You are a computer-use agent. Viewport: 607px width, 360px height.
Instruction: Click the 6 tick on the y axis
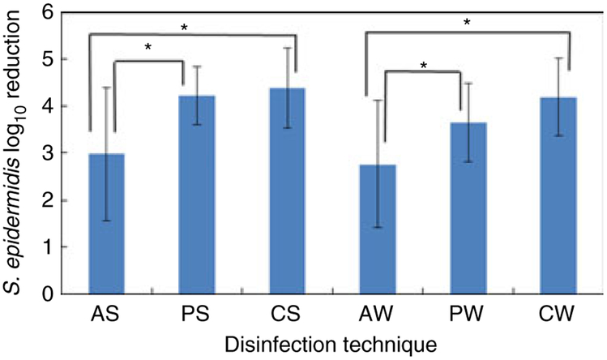(x=71, y=13)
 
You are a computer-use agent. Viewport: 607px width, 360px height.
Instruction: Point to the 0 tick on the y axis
(x=71, y=294)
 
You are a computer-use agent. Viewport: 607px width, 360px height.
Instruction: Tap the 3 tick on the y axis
(x=71, y=153)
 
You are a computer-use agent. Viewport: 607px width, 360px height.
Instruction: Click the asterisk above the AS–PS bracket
(x=149, y=48)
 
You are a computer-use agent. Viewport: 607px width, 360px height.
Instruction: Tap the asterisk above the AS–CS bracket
(x=186, y=28)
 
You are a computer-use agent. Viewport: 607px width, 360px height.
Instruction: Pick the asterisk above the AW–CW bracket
(x=468, y=23)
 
